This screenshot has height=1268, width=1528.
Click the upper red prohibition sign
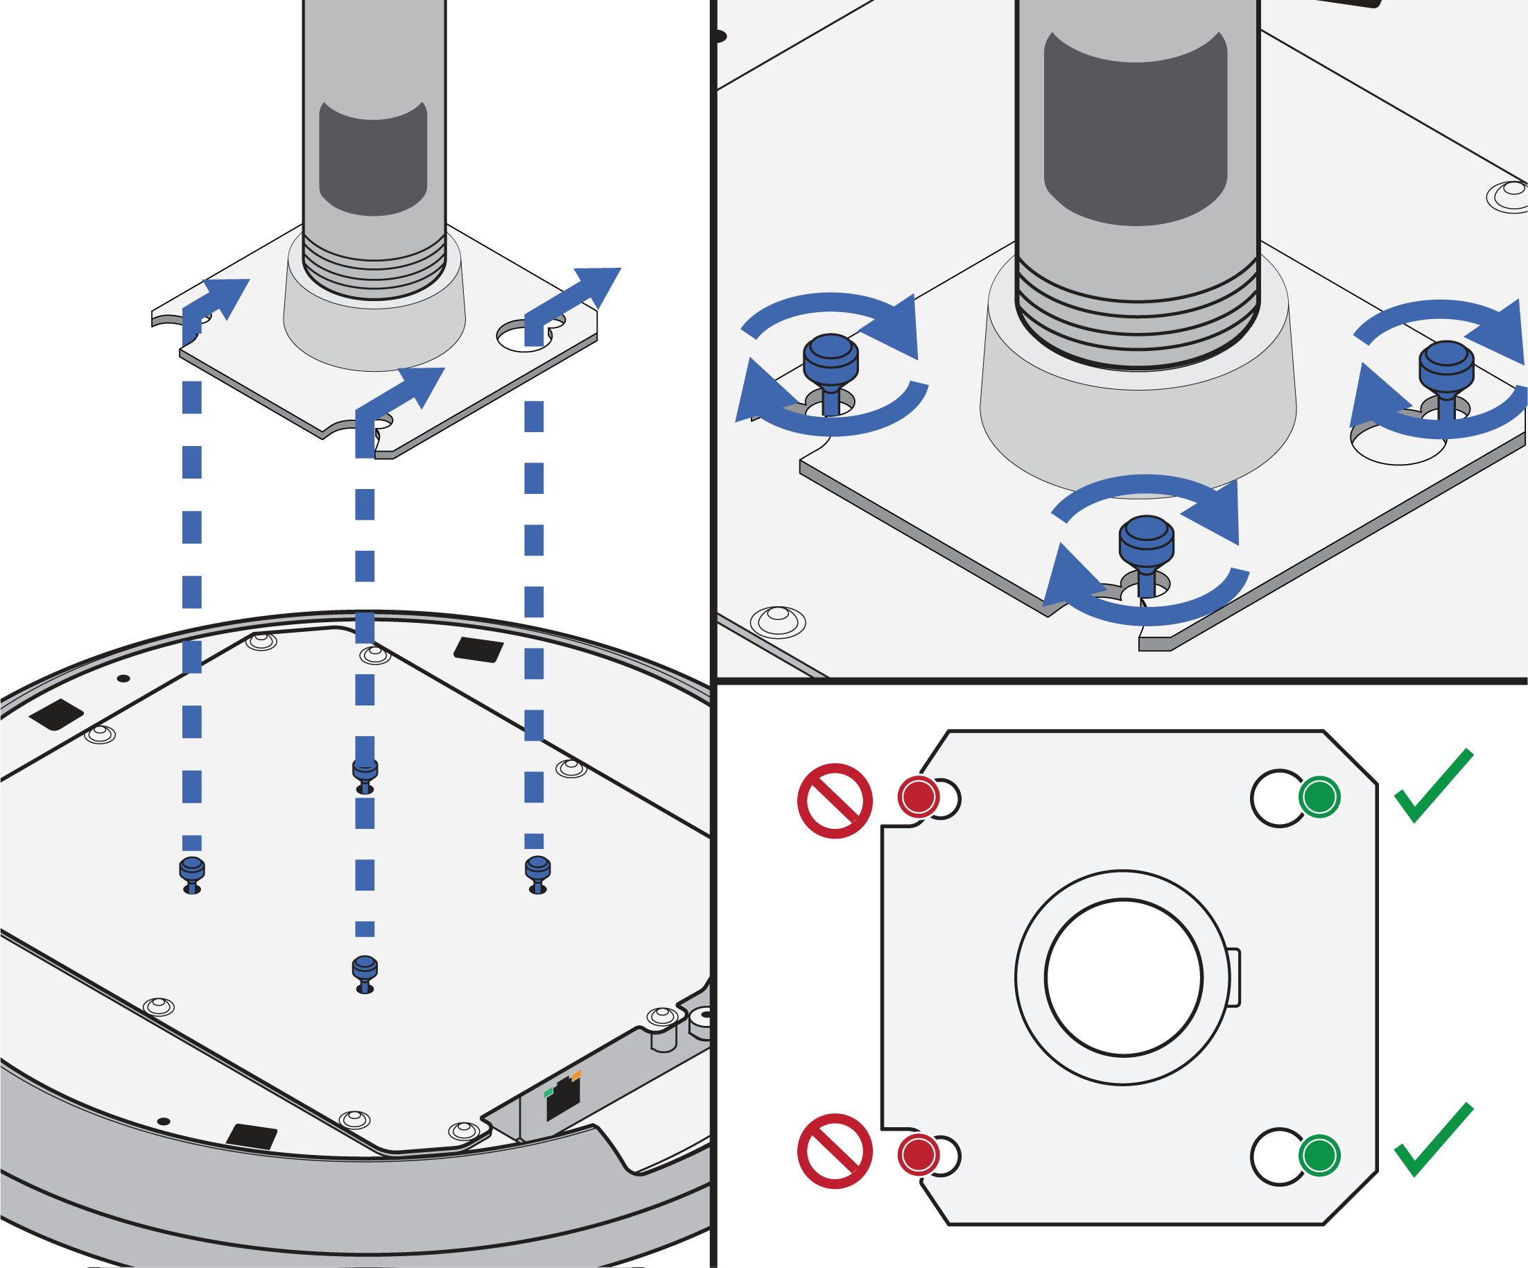click(835, 800)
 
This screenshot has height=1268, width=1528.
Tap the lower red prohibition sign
click(835, 1151)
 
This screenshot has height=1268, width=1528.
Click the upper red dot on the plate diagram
click(918, 797)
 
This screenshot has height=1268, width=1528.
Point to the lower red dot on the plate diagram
click(918, 1154)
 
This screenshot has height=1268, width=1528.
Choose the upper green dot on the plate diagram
click(1319, 797)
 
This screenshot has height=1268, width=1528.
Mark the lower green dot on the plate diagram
click(1319, 1154)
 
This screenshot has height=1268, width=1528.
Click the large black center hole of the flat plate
click(1123, 977)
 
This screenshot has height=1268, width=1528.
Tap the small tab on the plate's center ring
click(1234, 977)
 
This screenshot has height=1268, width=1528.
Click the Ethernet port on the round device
click(563, 1099)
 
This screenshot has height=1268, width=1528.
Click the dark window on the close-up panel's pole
click(1135, 131)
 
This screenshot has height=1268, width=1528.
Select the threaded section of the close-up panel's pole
click(1136, 320)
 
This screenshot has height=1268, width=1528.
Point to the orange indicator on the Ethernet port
click(577, 1075)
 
